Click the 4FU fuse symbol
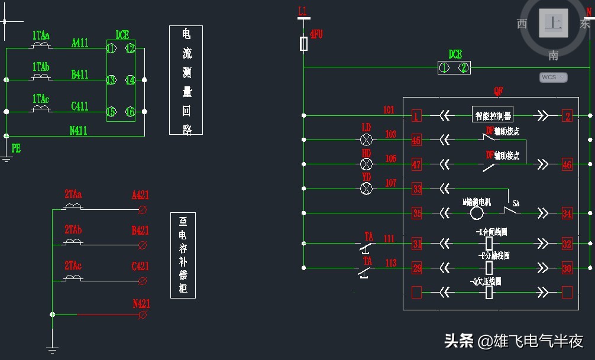click(304, 44)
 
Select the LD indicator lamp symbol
click(366, 140)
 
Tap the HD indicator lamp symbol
click(366, 164)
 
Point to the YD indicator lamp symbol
click(366, 189)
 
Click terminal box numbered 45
click(417, 140)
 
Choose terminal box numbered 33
click(417, 189)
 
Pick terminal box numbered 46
click(567, 164)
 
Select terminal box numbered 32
click(567, 244)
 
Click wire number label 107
click(390, 183)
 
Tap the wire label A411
click(80, 43)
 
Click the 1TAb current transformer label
click(41, 67)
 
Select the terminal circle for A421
click(142, 210)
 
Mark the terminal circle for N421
click(142, 315)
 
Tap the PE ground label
click(16, 149)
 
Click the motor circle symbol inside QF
click(477, 213)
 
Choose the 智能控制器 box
click(493, 115)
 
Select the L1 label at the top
click(303, 11)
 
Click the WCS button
click(553, 77)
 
